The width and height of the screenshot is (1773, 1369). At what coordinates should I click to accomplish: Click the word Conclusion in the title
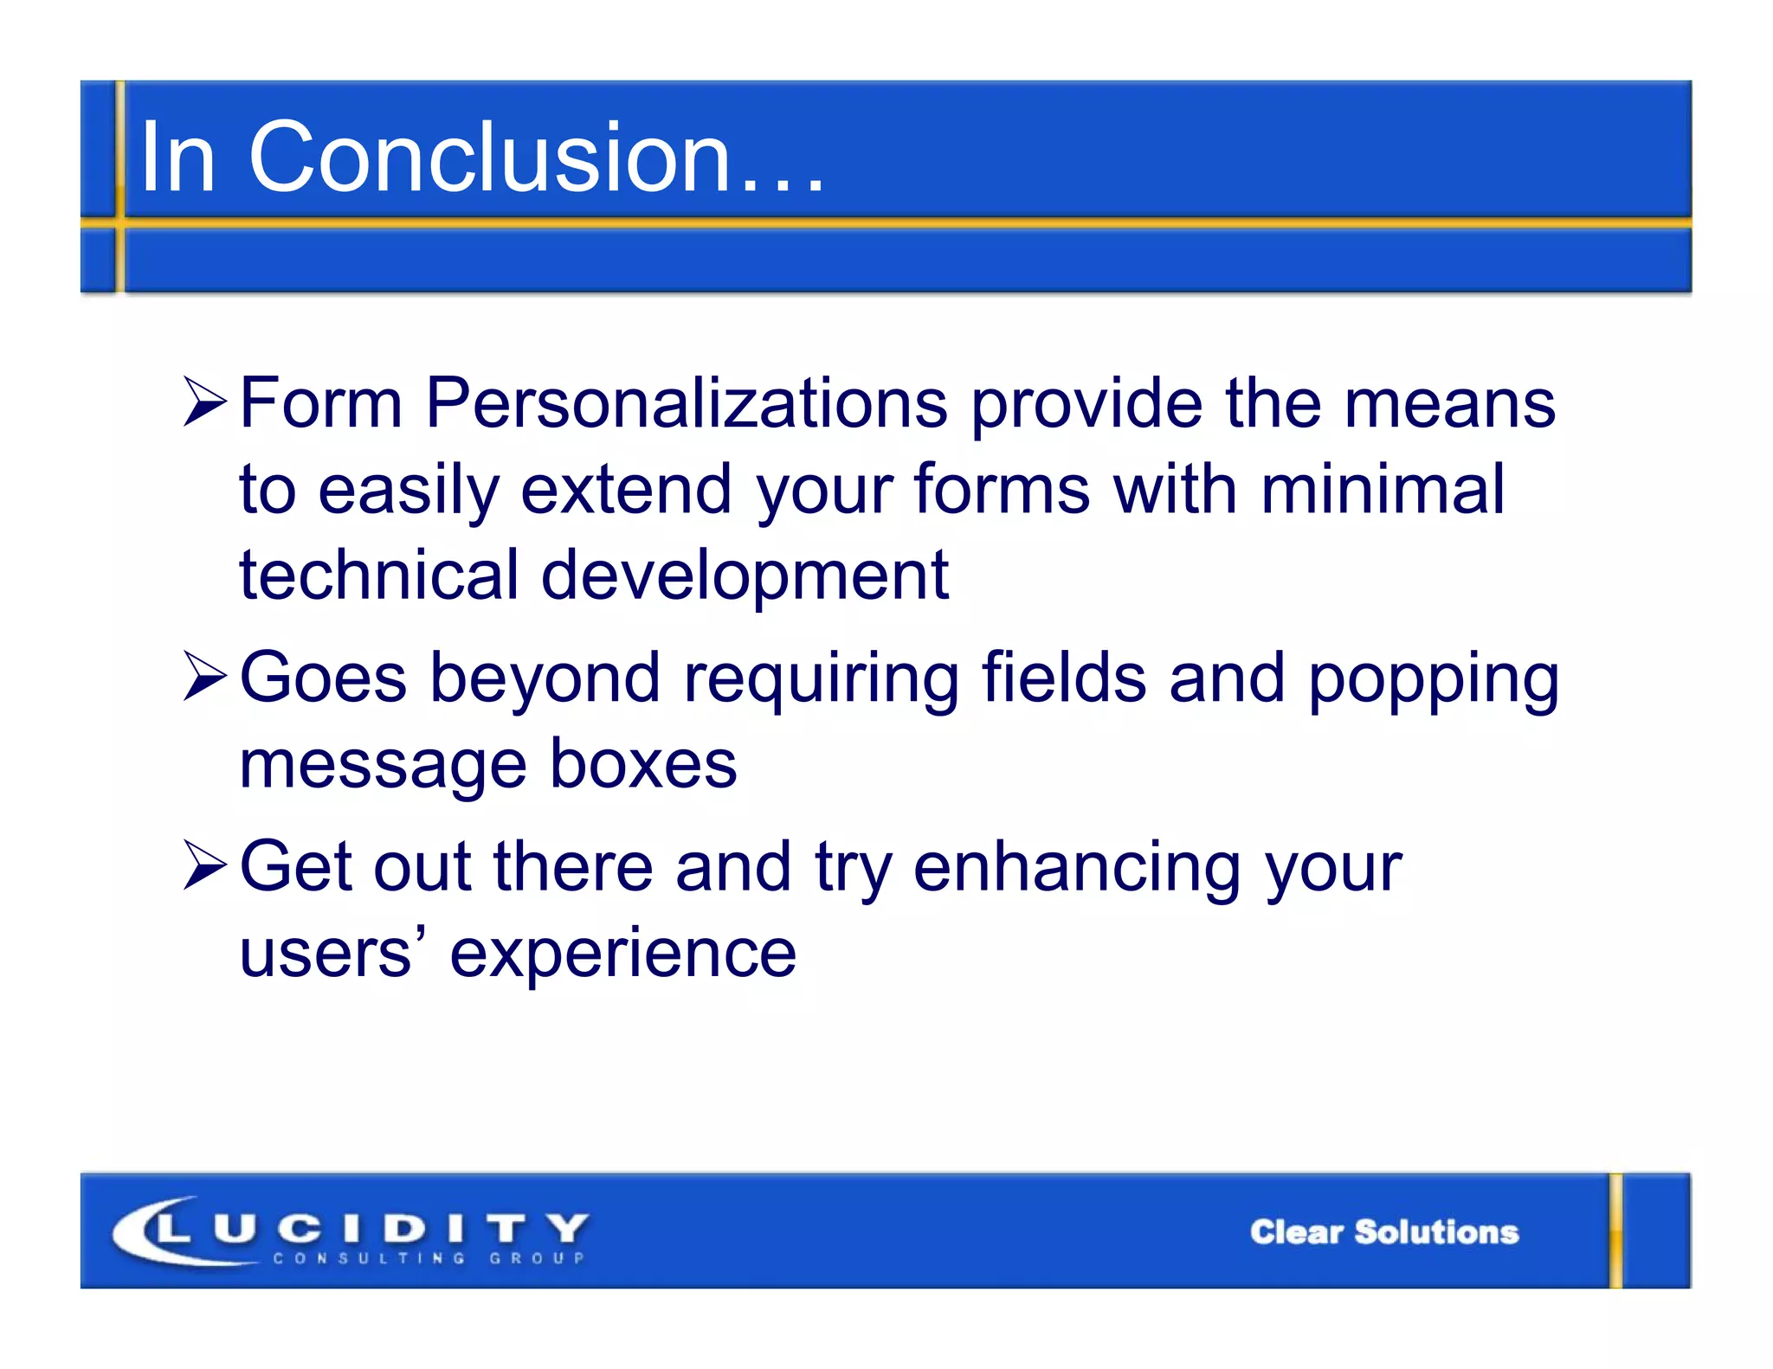pyautogui.click(x=489, y=157)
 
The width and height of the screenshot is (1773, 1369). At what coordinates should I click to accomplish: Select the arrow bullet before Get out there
pyautogui.click(x=204, y=866)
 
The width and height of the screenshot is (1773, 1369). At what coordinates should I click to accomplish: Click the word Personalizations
pyautogui.click(x=687, y=403)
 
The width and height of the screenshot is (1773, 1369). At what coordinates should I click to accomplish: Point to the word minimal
pyautogui.click(x=1383, y=490)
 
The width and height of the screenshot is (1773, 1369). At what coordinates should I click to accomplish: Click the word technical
pyautogui.click(x=378, y=575)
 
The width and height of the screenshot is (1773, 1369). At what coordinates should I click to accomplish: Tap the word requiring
pyautogui.click(x=821, y=679)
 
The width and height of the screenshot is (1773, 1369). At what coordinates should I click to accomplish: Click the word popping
pyautogui.click(x=1433, y=679)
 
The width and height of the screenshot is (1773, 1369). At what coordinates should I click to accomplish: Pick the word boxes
pyautogui.click(x=642, y=764)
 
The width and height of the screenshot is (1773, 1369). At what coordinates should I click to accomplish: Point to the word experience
pyautogui.click(x=622, y=954)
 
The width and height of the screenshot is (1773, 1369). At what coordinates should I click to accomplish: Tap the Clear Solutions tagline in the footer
pyautogui.click(x=1383, y=1231)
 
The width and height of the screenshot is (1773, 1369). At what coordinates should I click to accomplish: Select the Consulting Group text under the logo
pyautogui.click(x=429, y=1258)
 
